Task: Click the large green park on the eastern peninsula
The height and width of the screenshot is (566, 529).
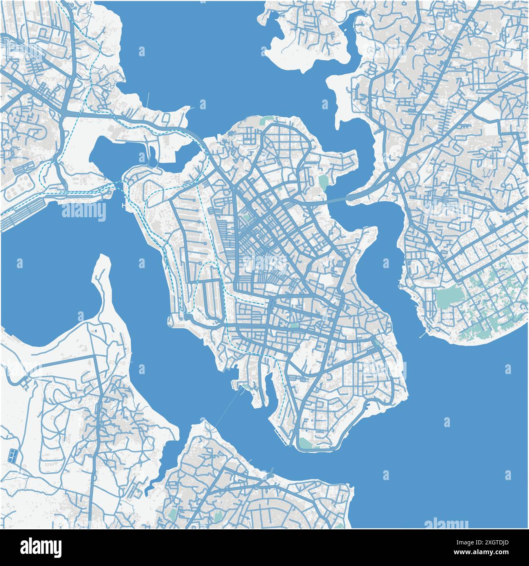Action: (x=449, y=298)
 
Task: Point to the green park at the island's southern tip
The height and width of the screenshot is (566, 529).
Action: (x=307, y=443)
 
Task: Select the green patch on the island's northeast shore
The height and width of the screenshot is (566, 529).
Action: (x=323, y=181)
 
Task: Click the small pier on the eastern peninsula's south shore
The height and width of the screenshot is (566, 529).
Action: (x=423, y=335)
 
